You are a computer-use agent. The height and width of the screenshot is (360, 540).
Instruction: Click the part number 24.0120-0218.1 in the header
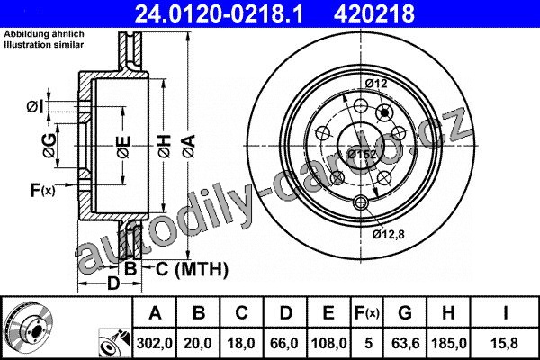pos(219,13)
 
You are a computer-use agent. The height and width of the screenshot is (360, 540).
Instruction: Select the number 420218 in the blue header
pos(374,13)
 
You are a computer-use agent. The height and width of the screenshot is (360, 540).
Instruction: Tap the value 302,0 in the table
pos(154,343)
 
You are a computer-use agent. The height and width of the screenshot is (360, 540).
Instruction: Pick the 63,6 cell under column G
pos(405,343)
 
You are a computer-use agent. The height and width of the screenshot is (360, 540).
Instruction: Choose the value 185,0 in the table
pos(449,343)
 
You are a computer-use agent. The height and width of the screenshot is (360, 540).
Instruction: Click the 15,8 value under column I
pos(505,343)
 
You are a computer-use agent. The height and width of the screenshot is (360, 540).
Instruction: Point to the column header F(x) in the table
pos(367,313)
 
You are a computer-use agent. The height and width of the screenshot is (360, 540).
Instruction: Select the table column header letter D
pos(285,313)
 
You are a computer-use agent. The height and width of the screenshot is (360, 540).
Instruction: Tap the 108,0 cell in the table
pos(328,343)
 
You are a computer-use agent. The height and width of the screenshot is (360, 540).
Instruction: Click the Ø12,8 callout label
pos(388,234)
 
